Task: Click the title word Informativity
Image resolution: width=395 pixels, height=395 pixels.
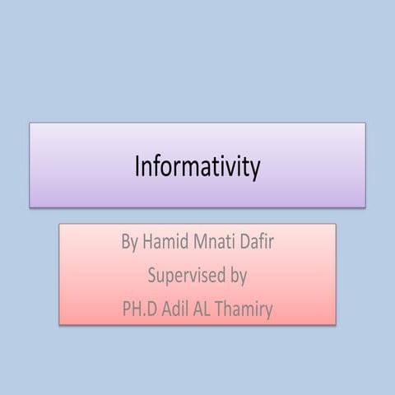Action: tap(197, 167)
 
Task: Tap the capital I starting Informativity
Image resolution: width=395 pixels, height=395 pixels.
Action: tap(137, 167)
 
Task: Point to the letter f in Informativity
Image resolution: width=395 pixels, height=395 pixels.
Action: tap(157, 166)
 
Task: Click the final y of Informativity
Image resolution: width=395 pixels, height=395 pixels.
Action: tap(255, 170)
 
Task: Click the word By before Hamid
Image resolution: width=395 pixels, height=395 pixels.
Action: tap(129, 244)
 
